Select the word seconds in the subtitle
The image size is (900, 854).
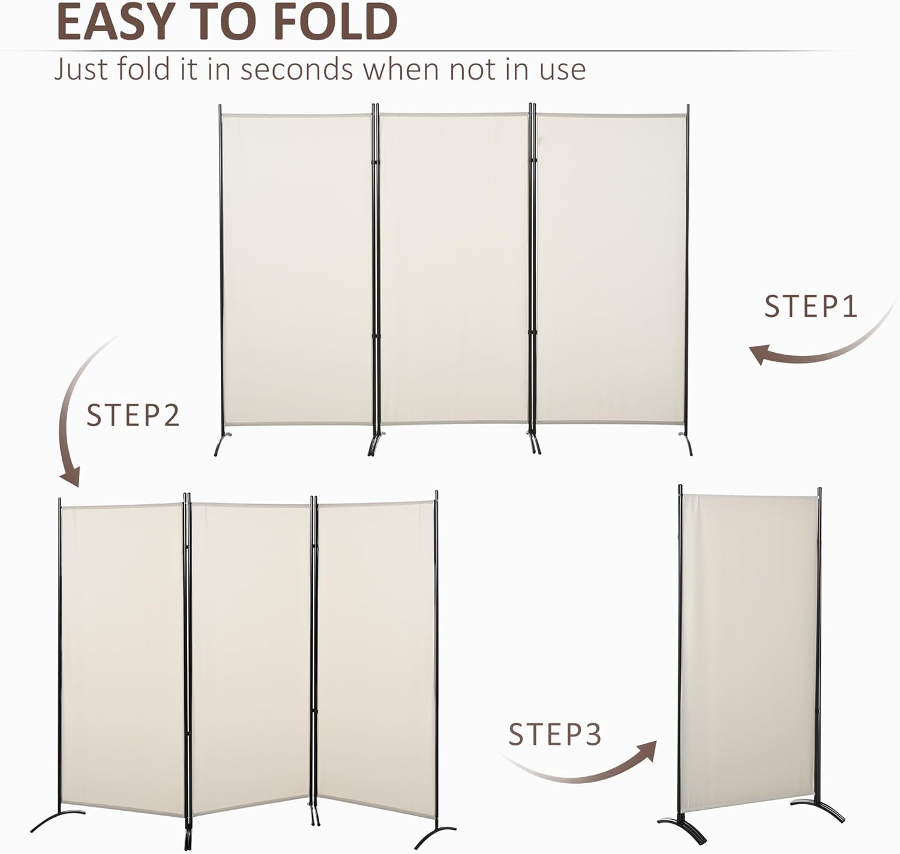click(296, 69)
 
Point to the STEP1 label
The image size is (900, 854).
click(811, 306)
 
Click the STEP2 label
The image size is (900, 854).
click(133, 415)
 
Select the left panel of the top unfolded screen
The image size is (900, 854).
click(296, 269)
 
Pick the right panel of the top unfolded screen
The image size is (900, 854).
click(611, 268)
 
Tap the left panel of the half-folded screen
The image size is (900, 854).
click(122, 660)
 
